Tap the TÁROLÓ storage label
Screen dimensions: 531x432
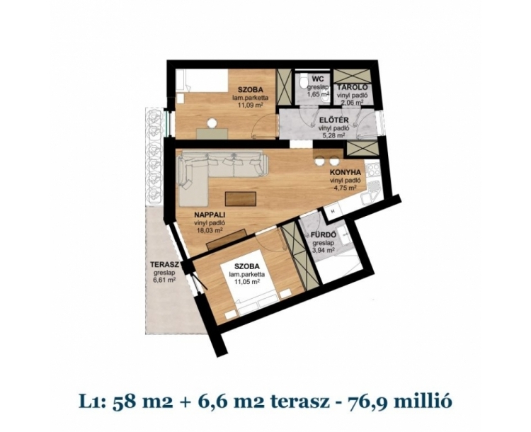[x=350, y=87]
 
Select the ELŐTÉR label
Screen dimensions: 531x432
[x=334, y=120]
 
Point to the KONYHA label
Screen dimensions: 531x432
[x=347, y=172]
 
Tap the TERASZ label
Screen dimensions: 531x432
[x=164, y=265]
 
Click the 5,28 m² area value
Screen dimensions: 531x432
[x=334, y=135]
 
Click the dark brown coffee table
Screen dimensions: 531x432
[x=241, y=198]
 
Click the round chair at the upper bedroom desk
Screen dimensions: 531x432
[x=212, y=123]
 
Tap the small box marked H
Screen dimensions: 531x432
[x=333, y=212]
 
